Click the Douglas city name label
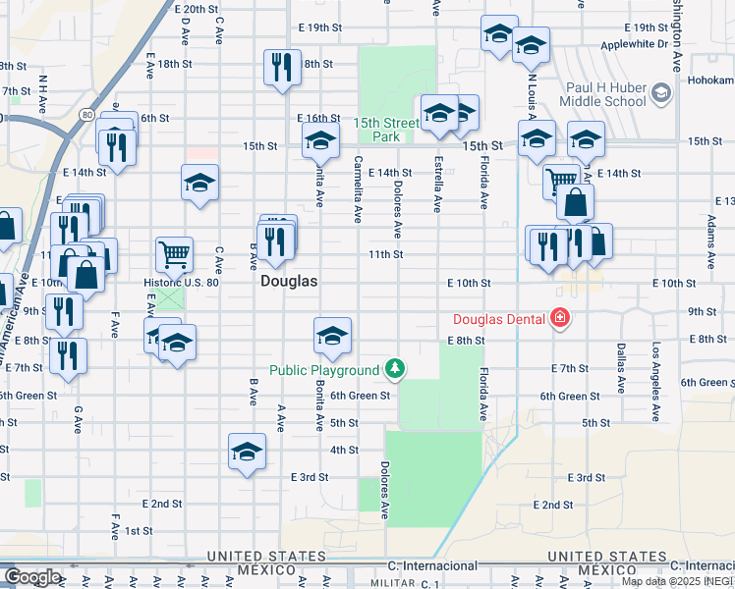tap(289, 281)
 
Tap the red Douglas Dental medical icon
tap(559, 318)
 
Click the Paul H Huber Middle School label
tap(605, 94)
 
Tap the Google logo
tap(32, 577)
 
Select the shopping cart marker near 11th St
tap(174, 253)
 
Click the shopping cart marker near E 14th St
tap(560, 180)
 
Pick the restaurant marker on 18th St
tap(281, 67)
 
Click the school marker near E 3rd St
tap(247, 452)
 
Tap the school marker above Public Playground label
tap(332, 336)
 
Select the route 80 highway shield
tap(86, 116)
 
